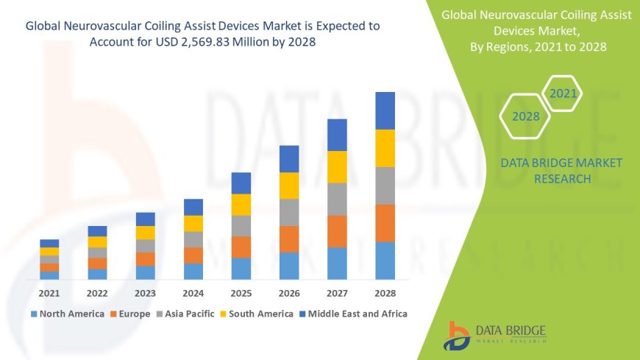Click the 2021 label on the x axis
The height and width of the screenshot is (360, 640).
(49, 293)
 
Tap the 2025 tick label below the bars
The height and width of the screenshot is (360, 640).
(241, 293)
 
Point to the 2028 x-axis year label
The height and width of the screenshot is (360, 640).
(385, 293)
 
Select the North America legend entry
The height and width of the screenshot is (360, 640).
(67, 314)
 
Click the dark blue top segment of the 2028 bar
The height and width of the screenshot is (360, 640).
(385, 110)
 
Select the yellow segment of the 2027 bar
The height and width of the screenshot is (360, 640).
(337, 166)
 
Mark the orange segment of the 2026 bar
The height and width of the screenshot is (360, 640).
(289, 239)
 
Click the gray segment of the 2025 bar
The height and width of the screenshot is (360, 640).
(241, 225)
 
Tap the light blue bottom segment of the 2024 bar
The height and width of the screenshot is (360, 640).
(193, 271)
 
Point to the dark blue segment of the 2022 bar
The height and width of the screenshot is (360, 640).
(97, 231)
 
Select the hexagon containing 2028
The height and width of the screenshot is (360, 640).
(525, 116)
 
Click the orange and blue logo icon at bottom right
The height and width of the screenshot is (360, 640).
(458, 335)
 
